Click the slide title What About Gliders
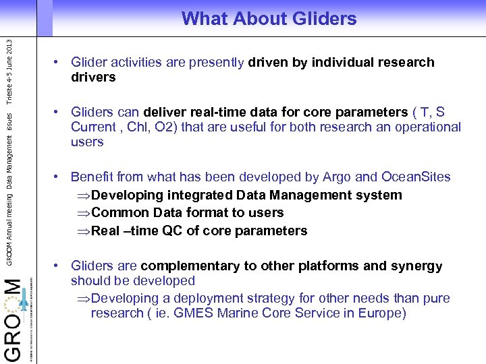(x=269, y=19)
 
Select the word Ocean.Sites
(x=416, y=177)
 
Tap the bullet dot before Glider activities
(x=59, y=63)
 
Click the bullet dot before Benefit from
(x=59, y=177)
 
